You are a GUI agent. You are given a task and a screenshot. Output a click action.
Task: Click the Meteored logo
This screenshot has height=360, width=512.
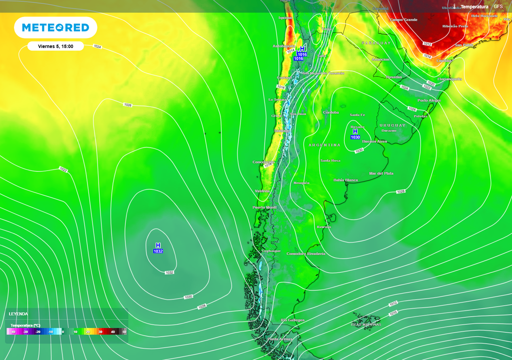(x=55, y=28)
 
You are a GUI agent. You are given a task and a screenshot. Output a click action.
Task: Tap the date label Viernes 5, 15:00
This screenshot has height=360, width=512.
(x=55, y=46)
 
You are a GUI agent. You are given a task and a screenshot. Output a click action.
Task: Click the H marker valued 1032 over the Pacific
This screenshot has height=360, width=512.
(x=158, y=248)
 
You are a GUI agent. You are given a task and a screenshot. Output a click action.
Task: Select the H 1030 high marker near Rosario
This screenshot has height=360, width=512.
(x=355, y=134)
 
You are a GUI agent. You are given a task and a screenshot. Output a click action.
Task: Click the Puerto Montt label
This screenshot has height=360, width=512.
(x=265, y=207)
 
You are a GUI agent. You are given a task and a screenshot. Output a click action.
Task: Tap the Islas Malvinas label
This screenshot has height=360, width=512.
(x=365, y=324)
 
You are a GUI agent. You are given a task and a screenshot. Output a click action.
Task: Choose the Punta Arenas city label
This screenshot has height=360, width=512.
(x=279, y=339)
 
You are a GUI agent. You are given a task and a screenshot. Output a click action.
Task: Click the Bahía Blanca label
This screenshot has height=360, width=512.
(x=345, y=180)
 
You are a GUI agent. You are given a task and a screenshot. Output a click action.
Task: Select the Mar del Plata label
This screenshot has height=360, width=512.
(x=381, y=173)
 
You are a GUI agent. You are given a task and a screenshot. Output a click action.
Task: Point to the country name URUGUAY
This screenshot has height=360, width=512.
(x=392, y=124)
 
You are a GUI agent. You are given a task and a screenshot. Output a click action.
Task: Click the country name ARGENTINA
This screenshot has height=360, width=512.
(x=324, y=145)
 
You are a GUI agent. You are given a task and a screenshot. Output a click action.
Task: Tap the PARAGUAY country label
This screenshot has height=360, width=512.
(x=376, y=43)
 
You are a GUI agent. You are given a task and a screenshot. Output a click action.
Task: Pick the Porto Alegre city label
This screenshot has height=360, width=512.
(x=429, y=100)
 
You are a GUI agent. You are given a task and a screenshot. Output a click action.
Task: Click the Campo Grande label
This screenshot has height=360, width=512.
(x=403, y=20)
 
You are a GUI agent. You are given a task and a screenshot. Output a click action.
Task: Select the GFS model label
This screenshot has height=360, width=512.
(x=498, y=6)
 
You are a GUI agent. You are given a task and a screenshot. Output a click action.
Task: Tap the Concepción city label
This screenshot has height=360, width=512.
(x=264, y=162)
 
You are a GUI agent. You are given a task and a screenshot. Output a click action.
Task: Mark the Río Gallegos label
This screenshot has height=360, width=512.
(x=292, y=320)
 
